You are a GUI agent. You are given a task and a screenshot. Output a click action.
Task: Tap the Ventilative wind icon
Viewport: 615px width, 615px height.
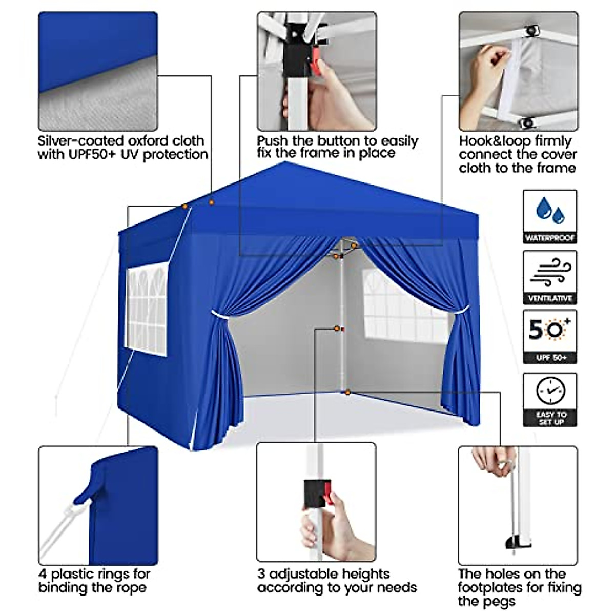550,272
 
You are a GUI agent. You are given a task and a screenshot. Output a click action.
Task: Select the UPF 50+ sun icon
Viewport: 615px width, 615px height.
550,331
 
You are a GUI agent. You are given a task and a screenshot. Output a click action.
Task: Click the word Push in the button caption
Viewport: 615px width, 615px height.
272,141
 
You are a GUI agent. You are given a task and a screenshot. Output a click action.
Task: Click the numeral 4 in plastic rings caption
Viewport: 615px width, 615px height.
43,574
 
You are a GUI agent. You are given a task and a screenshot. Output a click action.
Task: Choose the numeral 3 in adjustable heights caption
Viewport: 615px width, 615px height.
262,574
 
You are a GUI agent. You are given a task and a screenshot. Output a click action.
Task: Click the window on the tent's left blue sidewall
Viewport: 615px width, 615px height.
147,310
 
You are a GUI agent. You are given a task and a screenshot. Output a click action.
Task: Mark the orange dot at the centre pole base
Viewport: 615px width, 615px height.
347,393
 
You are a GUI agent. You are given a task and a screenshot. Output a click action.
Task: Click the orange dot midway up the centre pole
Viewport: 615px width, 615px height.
337,329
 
